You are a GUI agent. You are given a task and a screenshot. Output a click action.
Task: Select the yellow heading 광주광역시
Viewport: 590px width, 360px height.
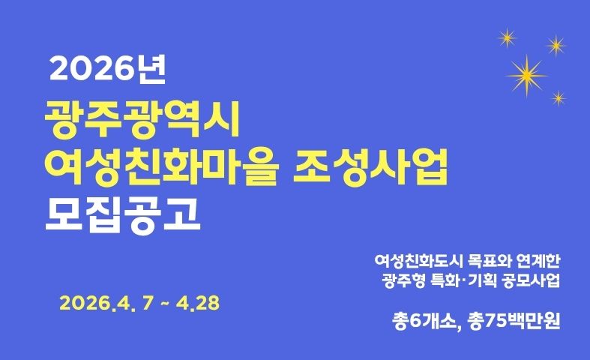(141, 120)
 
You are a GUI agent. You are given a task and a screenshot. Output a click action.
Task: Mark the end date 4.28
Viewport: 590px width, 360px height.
(199, 304)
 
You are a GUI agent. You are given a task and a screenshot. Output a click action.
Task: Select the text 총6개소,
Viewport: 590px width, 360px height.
(426, 325)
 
